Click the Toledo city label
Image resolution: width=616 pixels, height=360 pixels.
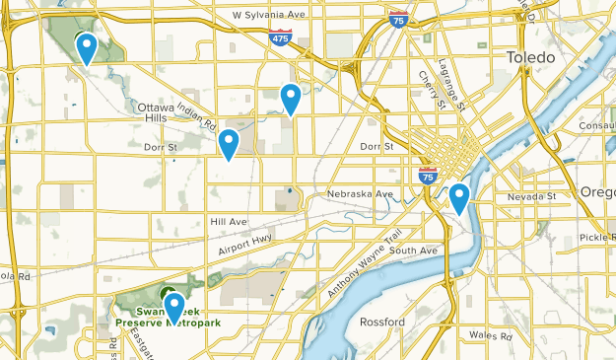pyautogui.click(x=531, y=58)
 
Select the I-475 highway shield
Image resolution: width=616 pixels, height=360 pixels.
pyautogui.click(x=282, y=36)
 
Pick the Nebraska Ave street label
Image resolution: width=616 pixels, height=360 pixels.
pyautogui.click(x=360, y=193)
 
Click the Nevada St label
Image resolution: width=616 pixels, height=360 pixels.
pyautogui.click(x=533, y=196)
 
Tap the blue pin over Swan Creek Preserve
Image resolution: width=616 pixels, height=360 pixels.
pyautogui.click(x=174, y=307)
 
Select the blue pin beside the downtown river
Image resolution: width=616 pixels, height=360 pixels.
pyautogui.click(x=458, y=198)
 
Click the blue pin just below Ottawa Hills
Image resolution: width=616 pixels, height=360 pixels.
pyautogui.click(x=229, y=144)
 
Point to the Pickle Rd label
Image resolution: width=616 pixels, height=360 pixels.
pyautogui.click(x=597, y=238)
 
